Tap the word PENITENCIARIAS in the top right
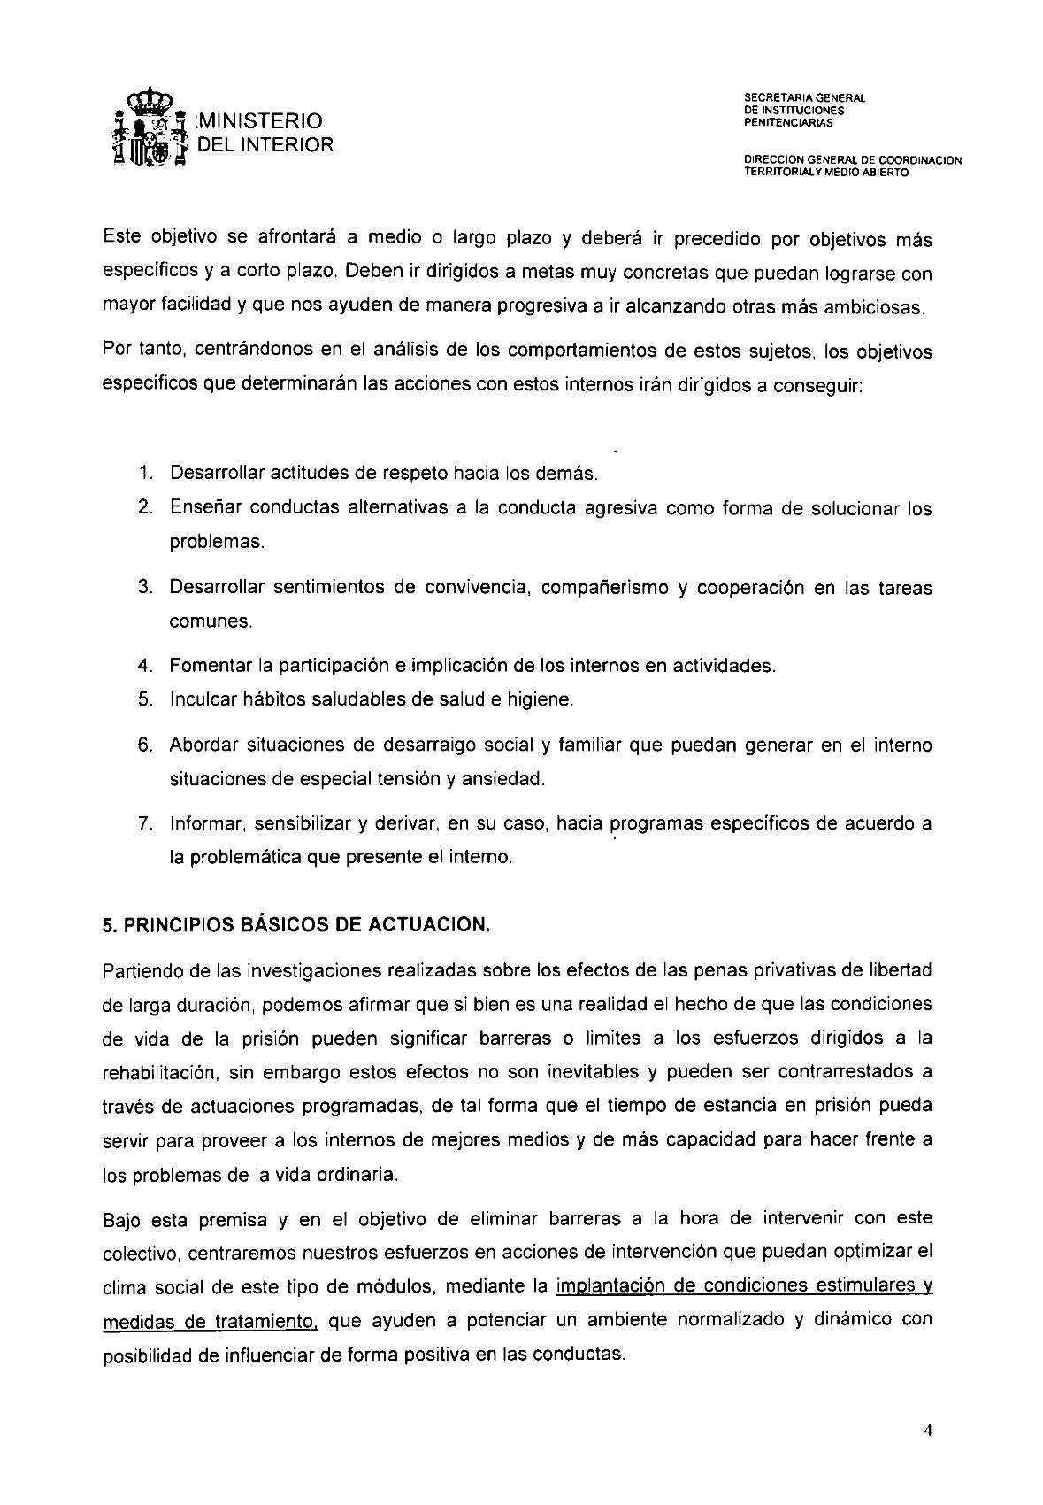(783, 123)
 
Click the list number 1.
(143, 473)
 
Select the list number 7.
(143, 823)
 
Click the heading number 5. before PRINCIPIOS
(110, 925)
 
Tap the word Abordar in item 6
(202, 745)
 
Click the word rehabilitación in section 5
(160, 1072)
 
